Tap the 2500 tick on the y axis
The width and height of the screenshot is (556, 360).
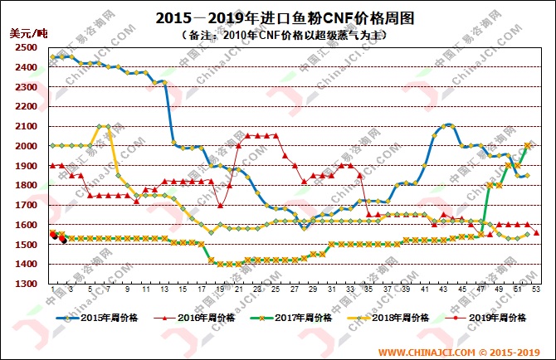25,48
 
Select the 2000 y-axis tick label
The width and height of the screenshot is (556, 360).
25,146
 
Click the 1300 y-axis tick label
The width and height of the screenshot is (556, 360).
25,284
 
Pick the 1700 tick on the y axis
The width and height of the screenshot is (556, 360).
25,205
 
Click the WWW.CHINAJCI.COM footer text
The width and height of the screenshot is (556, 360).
425,350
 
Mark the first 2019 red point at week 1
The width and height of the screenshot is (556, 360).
52,234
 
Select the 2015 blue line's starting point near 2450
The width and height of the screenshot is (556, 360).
52,57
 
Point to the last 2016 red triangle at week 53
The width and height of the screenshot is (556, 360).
537,233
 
